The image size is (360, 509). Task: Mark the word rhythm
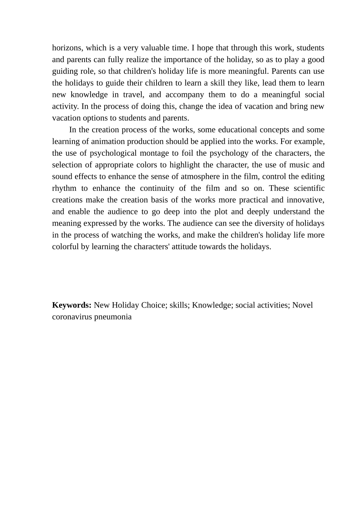coord(64,189)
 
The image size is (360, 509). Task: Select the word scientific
coord(309,189)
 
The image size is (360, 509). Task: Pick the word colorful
coord(65,247)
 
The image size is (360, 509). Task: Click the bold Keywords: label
coord(72,305)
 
